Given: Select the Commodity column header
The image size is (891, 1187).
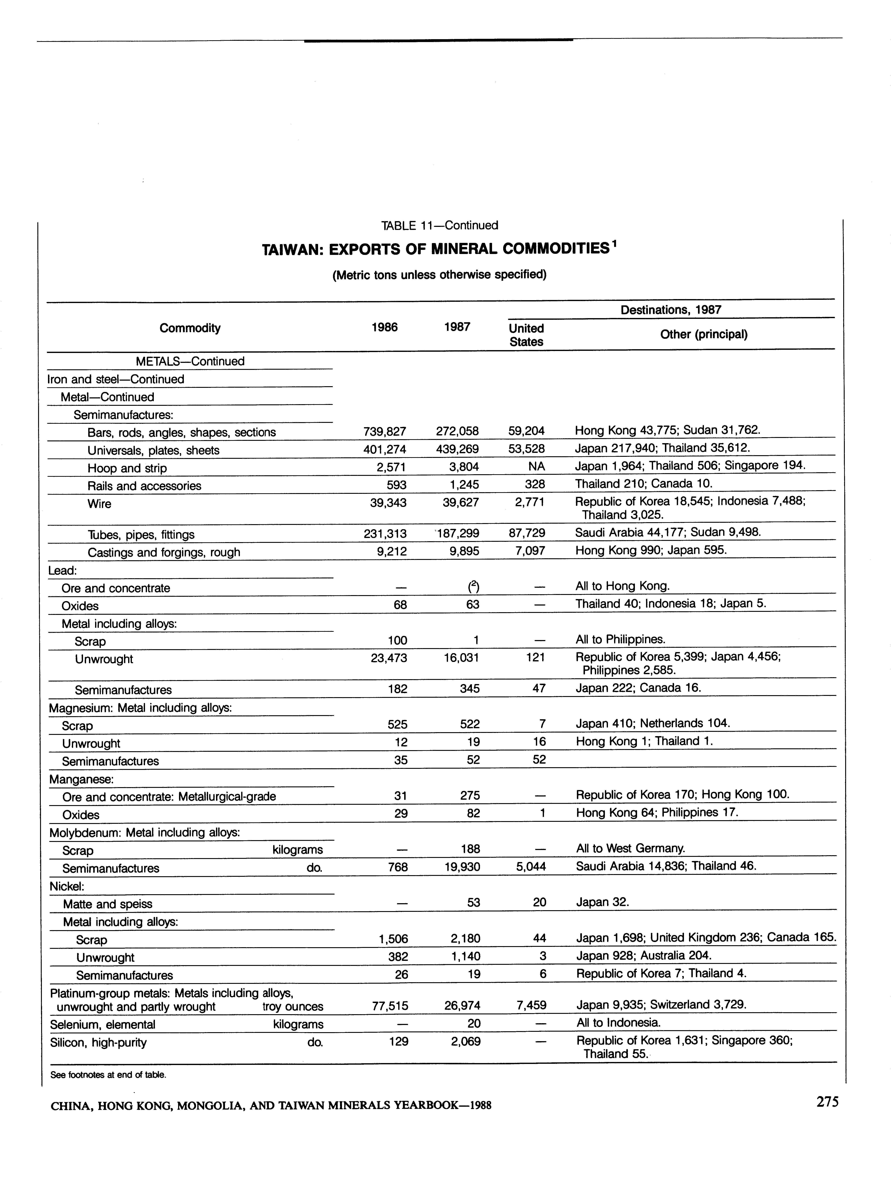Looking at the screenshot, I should pos(190,328).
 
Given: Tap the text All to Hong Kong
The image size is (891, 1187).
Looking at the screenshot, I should pos(622,586).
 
